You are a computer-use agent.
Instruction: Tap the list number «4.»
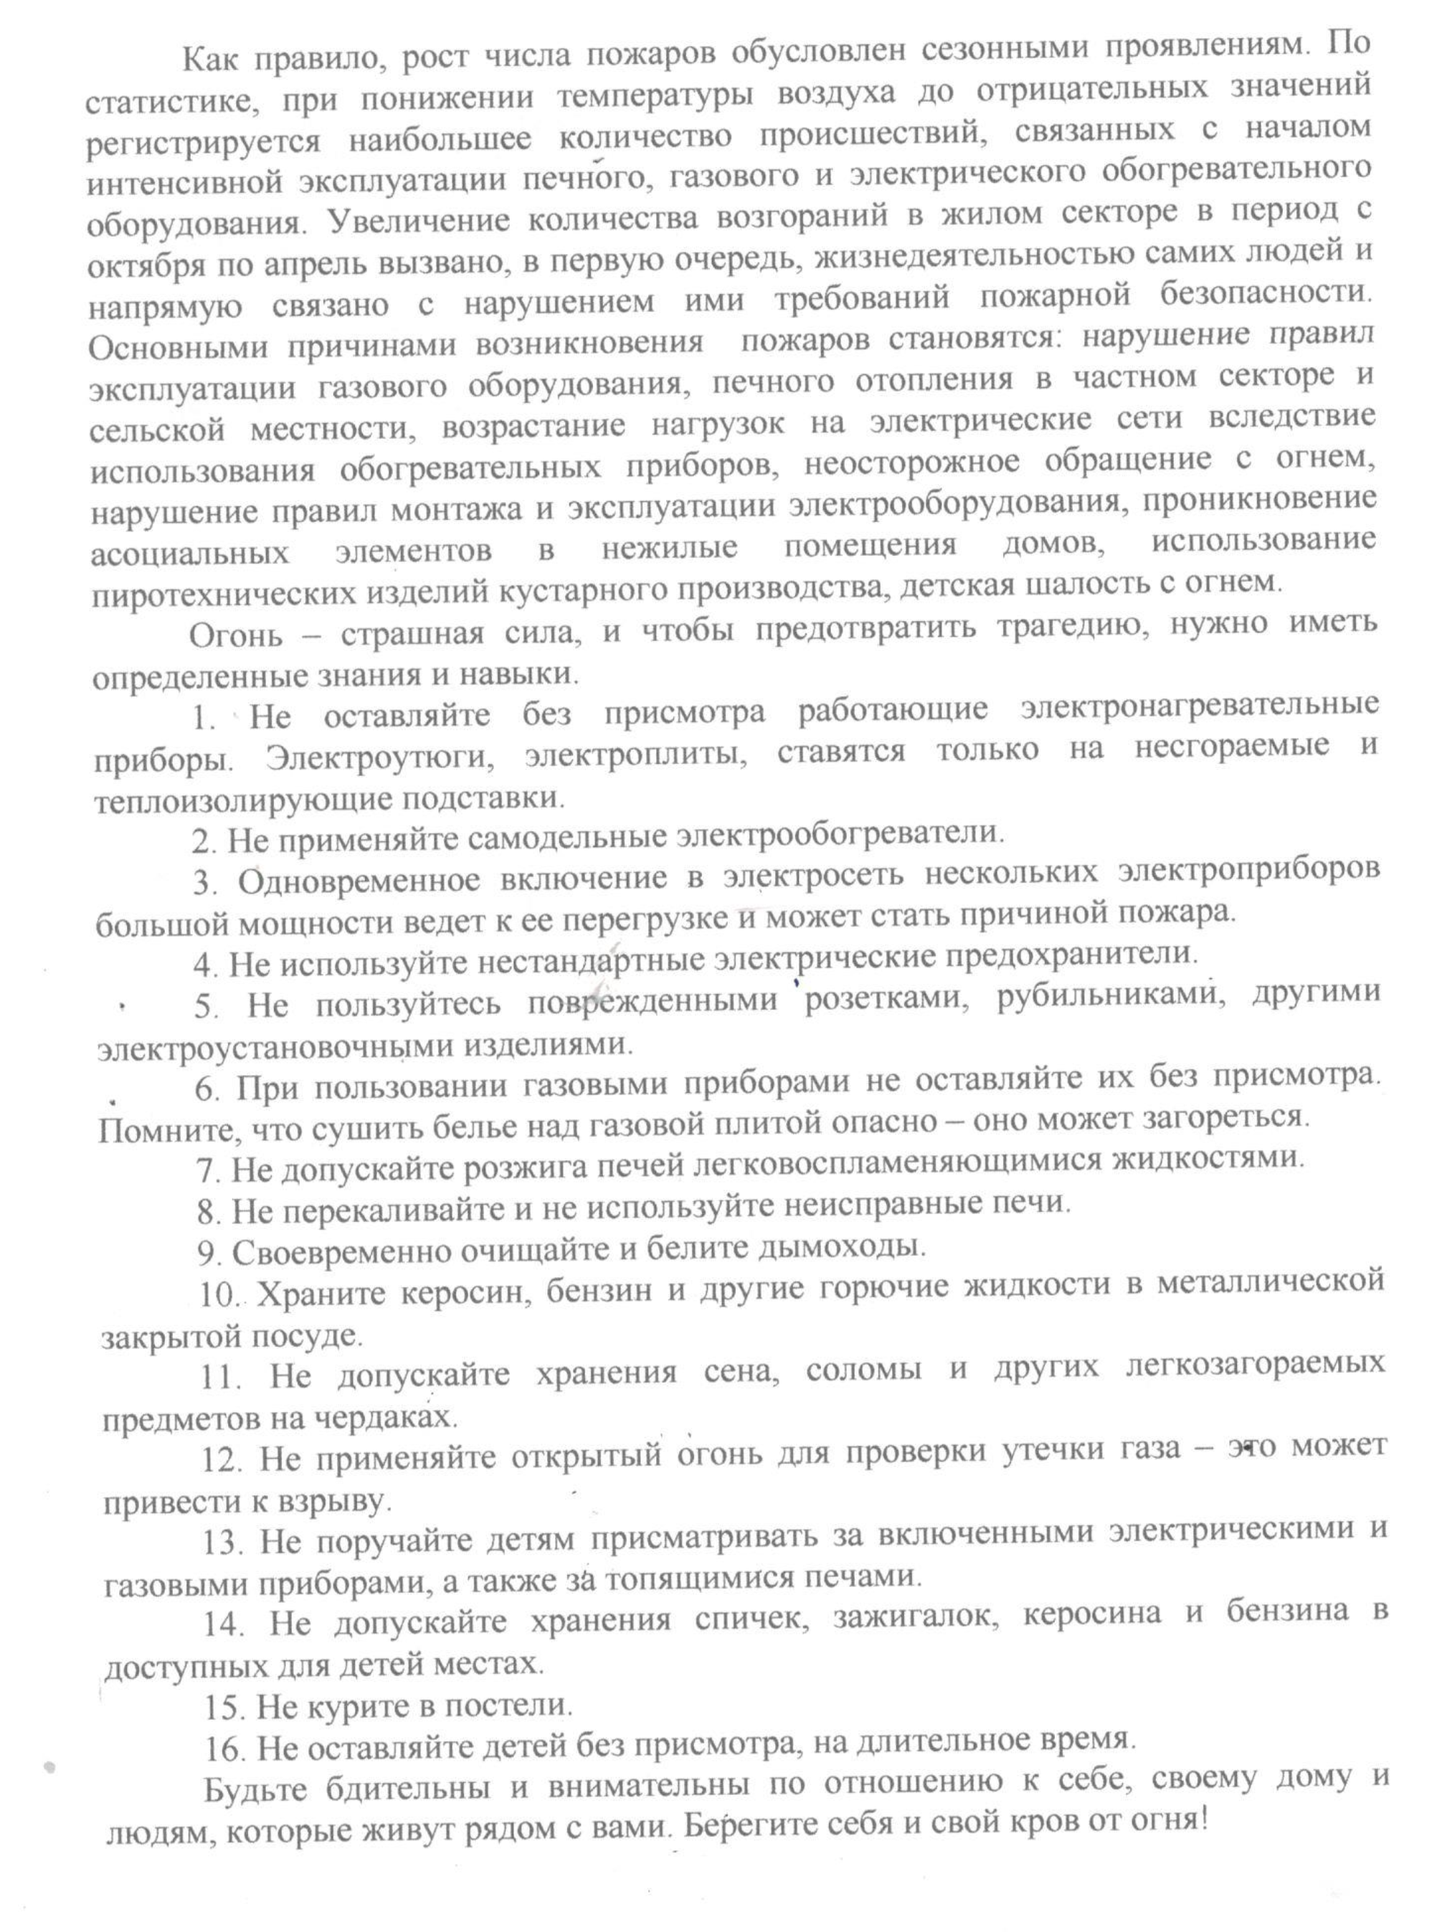click(208, 964)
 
